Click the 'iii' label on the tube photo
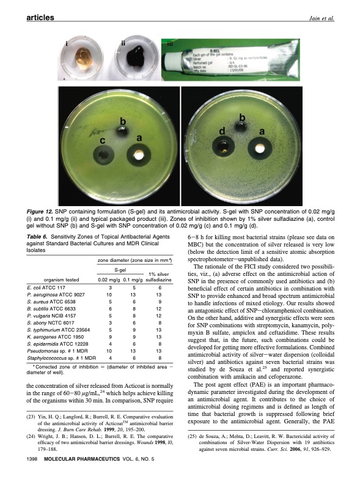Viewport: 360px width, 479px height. click(170, 45)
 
